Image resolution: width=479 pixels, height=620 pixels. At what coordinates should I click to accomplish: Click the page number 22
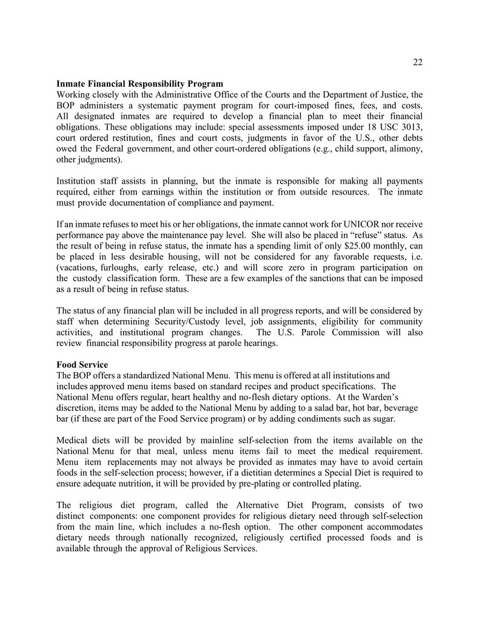coord(418,62)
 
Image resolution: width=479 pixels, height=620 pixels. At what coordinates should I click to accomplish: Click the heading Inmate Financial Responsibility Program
coord(139,83)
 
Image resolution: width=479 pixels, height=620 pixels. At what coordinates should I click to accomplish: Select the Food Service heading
coord(82,365)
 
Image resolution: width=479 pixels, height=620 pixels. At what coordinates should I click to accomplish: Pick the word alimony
coord(406,148)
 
